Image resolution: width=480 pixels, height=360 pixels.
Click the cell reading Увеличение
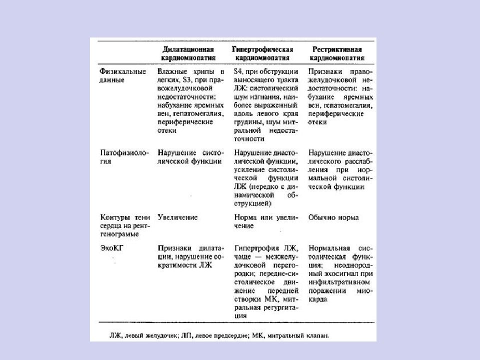coord(177,218)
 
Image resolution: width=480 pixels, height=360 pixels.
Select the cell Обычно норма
coord(333,218)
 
